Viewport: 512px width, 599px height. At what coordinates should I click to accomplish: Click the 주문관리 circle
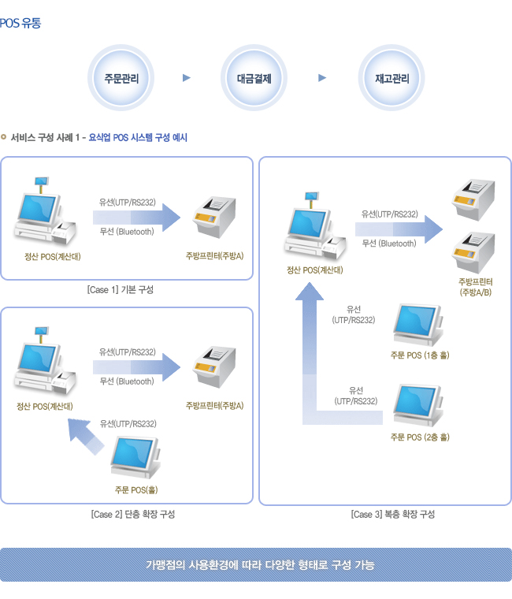pyautogui.click(x=120, y=78)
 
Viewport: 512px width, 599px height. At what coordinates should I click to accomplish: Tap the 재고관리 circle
pyautogui.click(x=392, y=78)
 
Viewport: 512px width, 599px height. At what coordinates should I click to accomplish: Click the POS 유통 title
pyautogui.click(x=21, y=23)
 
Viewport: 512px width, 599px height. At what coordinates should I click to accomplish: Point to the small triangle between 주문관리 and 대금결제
pyautogui.click(x=187, y=78)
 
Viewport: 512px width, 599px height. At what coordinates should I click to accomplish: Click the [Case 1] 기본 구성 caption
pyautogui.click(x=121, y=290)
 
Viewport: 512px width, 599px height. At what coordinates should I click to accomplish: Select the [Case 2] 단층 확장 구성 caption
pyautogui.click(x=133, y=515)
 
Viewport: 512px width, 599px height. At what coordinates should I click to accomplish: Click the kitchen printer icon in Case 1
pyautogui.click(x=214, y=217)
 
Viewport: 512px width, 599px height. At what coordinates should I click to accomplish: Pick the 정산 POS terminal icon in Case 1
pyautogui.click(x=46, y=215)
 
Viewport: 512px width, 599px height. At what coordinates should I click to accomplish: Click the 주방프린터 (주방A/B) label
pyautogui.click(x=475, y=287)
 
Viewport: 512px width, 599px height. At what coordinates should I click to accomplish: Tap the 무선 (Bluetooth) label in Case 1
pyautogui.click(x=127, y=231)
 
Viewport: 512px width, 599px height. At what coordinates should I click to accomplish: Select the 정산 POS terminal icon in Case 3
pyautogui.click(x=316, y=229)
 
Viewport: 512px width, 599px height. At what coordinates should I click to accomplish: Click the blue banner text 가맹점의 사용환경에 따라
pyautogui.click(x=260, y=565)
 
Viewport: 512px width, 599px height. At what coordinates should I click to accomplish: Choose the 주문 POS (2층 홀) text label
pyautogui.click(x=420, y=437)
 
